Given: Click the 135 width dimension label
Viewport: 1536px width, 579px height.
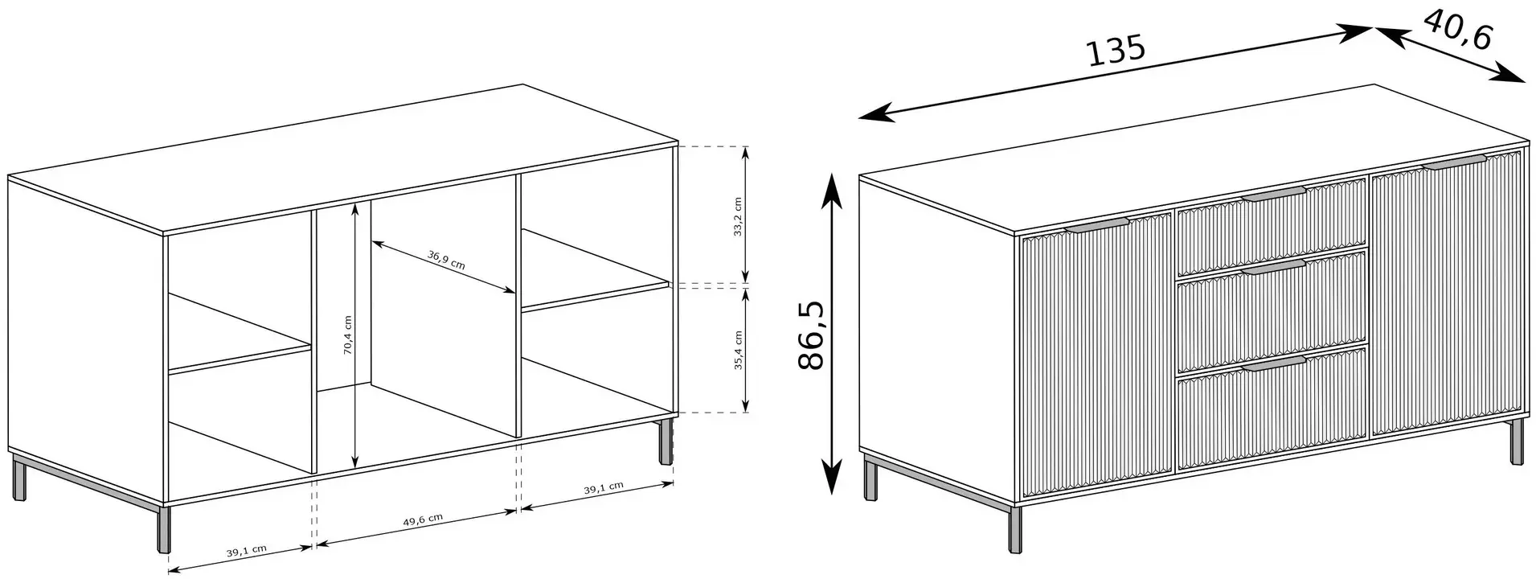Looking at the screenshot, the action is coord(1116,51).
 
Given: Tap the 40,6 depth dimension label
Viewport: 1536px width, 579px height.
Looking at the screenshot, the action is coord(1458,31).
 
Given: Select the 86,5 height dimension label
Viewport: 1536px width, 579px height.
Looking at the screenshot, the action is coord(812,336).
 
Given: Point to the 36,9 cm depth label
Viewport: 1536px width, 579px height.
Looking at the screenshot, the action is coord(446,261).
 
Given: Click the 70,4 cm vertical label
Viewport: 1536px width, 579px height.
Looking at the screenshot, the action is coord(347,335).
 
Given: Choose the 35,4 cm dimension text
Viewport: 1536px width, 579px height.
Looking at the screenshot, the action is coord(738,349).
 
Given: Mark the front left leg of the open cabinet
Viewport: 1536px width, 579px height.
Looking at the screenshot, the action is coord(166,529).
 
